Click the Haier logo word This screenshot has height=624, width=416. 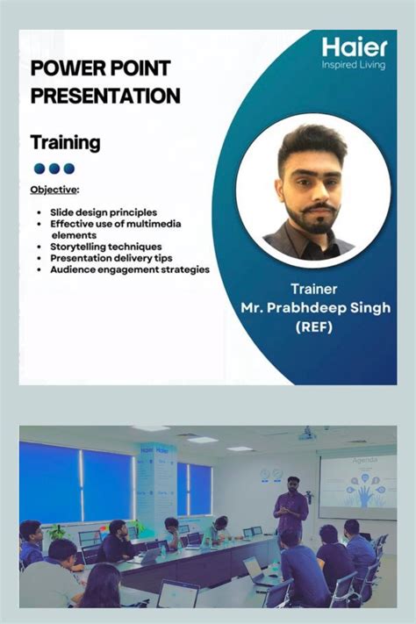coord(354,47)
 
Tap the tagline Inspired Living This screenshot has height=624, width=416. coord(354,65)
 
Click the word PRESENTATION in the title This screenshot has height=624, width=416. coord(105,96)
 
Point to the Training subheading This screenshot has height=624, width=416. coord(65,142)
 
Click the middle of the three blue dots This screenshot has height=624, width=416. coord(54,169)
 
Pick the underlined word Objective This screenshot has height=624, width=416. coord(54,190)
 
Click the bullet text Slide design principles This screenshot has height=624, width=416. coord(104,212)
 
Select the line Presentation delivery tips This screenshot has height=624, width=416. coord(111,259)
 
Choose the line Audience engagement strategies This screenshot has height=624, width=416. coord(129,270)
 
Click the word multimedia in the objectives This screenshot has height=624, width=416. coord(152,225)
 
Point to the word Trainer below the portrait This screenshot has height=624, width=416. coord(313,289)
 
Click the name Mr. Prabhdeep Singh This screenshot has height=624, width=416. coord(315,308)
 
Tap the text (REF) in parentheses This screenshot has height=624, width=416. coord(314,327)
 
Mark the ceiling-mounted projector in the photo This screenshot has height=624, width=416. coord(306,433)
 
